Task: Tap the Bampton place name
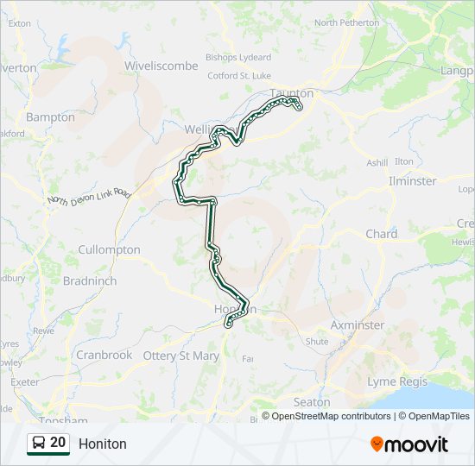50,116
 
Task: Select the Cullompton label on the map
109,249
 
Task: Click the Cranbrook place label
104,355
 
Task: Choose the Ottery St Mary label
181,356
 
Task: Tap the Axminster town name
358,325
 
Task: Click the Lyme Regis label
394,381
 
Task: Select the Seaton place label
312,402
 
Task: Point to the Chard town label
381,234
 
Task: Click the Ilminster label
413,181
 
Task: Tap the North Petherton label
346,23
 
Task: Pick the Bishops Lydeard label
237,58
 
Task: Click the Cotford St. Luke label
239,76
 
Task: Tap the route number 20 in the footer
58,443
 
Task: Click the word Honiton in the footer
102,444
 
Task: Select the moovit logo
409,444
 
